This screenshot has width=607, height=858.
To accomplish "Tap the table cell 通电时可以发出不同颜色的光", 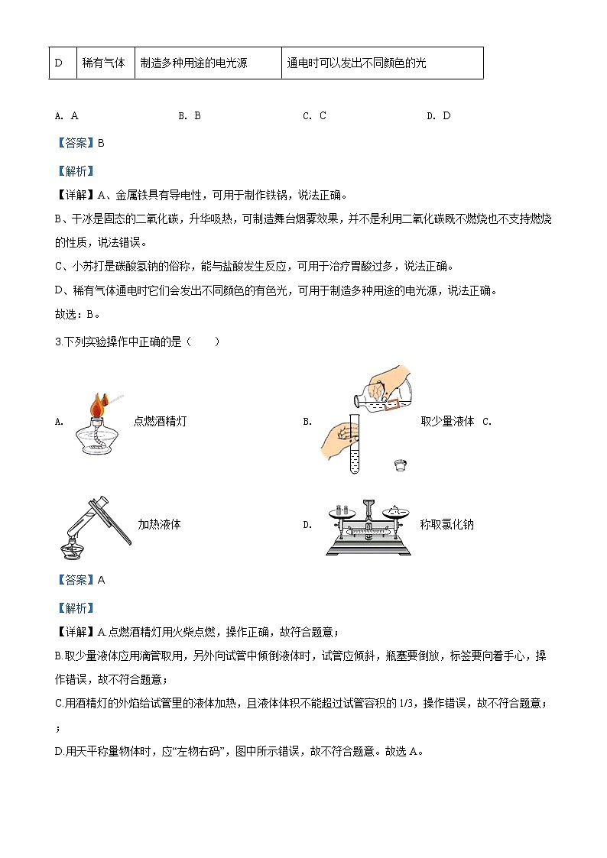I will coord(356,63).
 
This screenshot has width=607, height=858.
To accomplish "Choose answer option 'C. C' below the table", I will coord(314,116).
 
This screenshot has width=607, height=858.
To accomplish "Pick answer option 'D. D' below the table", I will coord(439,116).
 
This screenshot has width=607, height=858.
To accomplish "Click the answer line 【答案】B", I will coord(80,143).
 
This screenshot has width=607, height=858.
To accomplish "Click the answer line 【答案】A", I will coord(80,580).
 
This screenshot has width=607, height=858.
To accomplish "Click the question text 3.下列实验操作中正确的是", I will coord(128,342).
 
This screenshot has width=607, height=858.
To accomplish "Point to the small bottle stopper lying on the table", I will coord(398,464).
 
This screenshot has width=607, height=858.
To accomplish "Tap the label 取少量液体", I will coord(447,421).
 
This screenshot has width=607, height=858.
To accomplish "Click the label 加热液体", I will coord(159,525).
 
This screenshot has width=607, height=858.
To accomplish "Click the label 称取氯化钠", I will coord(446,525).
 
